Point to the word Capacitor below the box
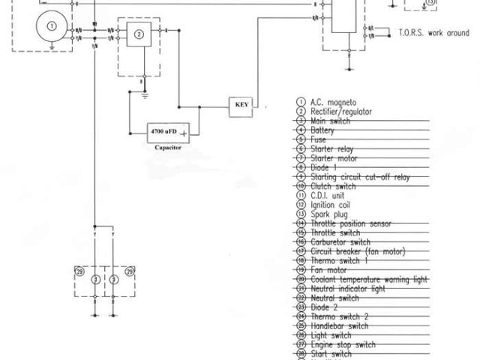pyautogui.click(x=168, y=148)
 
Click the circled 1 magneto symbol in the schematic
pyautogui.click(x=51, y=25)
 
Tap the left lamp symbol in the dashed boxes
pyautogui.click(x=94, y=280)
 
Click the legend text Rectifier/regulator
pyautogui.click(x=341, y=111)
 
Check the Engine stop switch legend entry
pyautogui.click(x=342, y=344)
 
